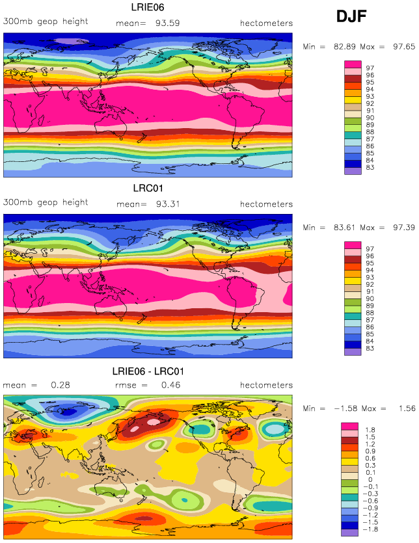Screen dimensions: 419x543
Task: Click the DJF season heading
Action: click(351, 16)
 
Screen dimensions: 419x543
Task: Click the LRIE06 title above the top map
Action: click(148, 7)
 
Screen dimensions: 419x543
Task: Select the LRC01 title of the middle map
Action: click(148, 188)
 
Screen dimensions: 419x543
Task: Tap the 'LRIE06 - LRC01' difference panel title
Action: click(148, 371)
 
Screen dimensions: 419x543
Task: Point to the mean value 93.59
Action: click(167, 23)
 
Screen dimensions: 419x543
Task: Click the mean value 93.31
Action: click(168, 204)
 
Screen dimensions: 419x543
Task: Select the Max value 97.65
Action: click(404, 46)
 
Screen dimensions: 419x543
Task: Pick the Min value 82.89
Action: click(344, 46)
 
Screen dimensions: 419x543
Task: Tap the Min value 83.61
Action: click(344, 228)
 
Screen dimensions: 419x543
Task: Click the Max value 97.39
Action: click(404, 228)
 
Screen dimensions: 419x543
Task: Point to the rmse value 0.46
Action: click(170, 385)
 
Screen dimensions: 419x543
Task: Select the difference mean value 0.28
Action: click(61, 385)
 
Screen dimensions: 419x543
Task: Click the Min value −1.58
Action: click(346, 408)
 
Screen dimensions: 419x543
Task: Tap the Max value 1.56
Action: click(407, 408)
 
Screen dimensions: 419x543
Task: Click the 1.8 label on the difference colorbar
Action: click(370, 430)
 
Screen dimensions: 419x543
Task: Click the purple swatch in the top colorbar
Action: click(353, 171)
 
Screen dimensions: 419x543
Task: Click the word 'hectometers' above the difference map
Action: click(266, 385)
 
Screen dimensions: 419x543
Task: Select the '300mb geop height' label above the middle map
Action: click(46, 203)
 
